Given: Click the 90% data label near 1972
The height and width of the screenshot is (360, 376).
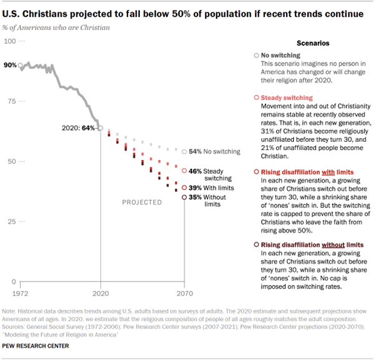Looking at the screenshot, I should tap(10, 65).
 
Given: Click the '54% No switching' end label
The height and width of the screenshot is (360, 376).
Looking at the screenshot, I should tap(214, 151).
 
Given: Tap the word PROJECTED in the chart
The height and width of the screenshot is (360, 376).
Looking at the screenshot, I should tap(142, 202).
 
